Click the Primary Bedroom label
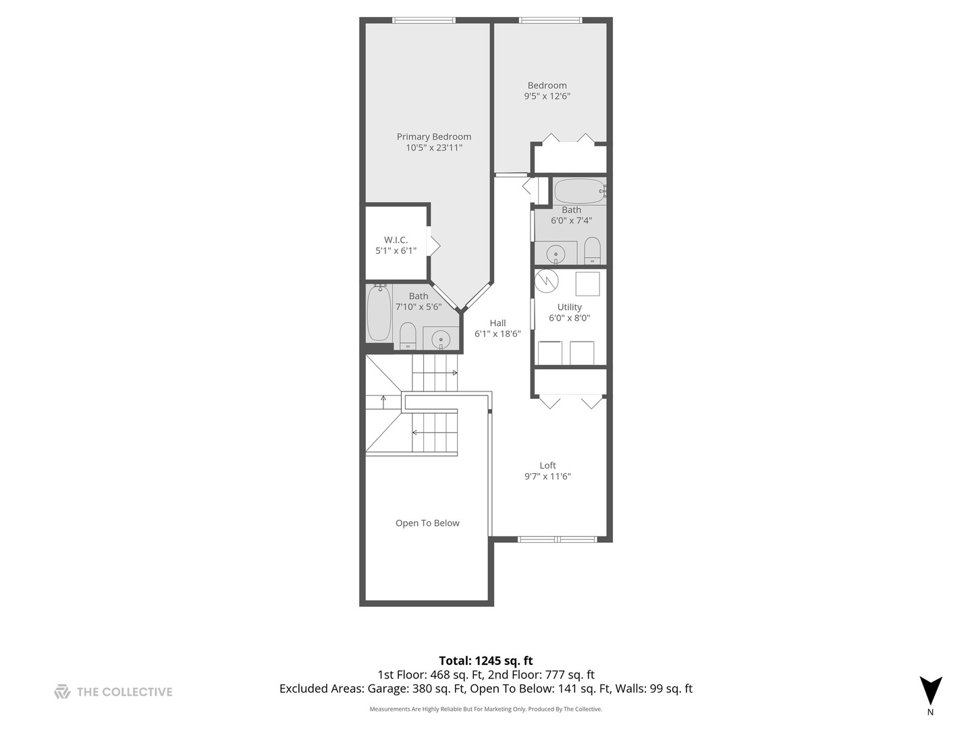[x=434, y=136]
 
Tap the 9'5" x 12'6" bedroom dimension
[x=547, y=97]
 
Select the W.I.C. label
[x=396, y=240]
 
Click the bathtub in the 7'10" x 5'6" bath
[x=379, y=314]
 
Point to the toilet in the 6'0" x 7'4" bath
[x=592, y=250]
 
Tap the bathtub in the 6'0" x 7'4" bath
[x=580, y=191]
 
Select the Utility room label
[x=569, y=307]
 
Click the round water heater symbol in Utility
[x=547, y=281]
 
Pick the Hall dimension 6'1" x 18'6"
[x=497, y=333]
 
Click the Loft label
[x=547, y=465]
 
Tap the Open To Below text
[x=427, y=523]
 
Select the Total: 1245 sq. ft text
[x=486, y=661]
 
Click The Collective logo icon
[x=62, y=691]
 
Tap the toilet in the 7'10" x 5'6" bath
[x=408, y=335]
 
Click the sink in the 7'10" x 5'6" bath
[x=441, y=339]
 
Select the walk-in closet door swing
[x=433, y=245]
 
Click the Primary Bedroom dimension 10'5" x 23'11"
[x=434, y=148]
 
